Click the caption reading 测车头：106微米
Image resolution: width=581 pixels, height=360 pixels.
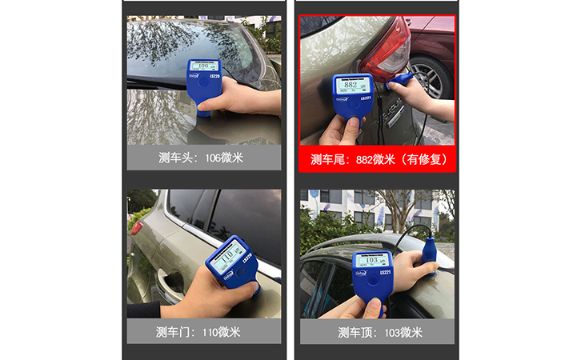coord(204,158)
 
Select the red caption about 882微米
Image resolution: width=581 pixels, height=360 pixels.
coord(378,158)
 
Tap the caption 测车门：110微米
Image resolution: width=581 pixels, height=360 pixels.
coord(204,331)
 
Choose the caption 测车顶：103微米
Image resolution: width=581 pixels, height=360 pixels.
coord(378,331)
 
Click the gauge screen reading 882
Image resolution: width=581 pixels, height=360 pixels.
coord(349,86)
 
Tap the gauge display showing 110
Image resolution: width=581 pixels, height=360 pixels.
coord(229,254)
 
